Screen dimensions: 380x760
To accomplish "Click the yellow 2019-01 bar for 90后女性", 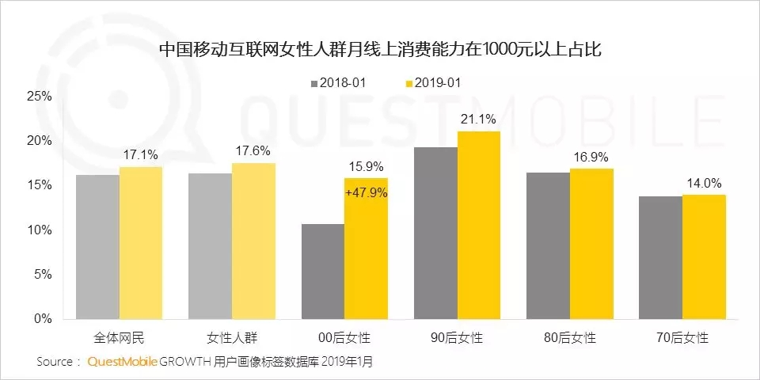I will pyautogui.click(x=478, y=226).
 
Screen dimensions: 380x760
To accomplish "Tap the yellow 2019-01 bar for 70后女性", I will pyautogui.click(x=704, y=256).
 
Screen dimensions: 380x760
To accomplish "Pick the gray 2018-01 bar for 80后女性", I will pyautogui.click(x=549, y=246).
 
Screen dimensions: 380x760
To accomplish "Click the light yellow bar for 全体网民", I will pyautogui.click(x=141, y=243).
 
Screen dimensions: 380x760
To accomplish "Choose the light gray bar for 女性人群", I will pyautogui.click(x=210, y=246).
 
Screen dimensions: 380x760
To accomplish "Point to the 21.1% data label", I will pyautogui.click(x=479, y=120).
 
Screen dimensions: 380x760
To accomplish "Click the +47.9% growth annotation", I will pyautogui.click(x=366, y=192).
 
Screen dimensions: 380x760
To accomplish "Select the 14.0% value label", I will pyautogui.click(x=704, y=183).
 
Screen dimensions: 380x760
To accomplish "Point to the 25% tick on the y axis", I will pyautogui.click(x=39, y=97).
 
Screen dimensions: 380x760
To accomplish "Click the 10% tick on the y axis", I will pyautogui.click(x=39, y=230).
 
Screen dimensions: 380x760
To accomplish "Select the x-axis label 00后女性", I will pyautogui.click(x=344, y=338).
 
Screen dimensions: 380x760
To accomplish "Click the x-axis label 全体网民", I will pyautogui.click(x=118, y=338).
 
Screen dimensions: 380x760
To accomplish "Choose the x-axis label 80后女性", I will pyautogui.click(x=570, y=338).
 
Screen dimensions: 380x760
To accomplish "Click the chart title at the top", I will pyautogui.click(x=380, y=49).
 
